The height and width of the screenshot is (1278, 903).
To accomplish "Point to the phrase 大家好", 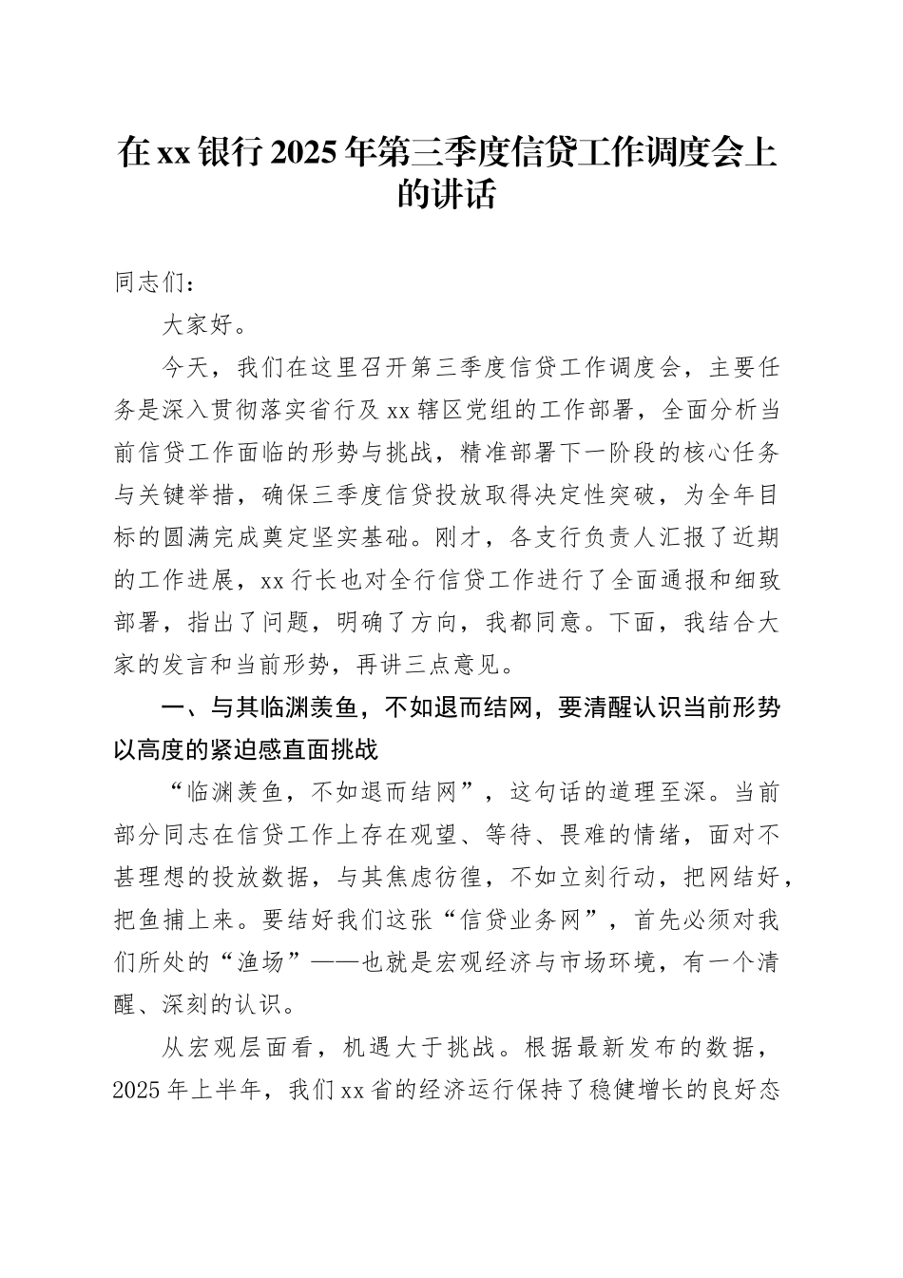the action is click(200, 325).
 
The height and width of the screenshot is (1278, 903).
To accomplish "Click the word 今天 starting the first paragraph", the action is click(185, 368).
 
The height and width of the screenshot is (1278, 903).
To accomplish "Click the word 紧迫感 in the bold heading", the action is click(260, 750).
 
